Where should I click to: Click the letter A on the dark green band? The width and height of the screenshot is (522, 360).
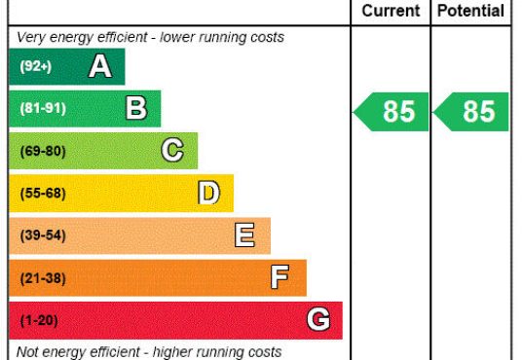(x=100, y=66)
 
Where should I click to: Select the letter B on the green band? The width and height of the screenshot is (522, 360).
(x=136, y=108)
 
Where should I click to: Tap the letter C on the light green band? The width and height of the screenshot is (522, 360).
(x=172, y=150)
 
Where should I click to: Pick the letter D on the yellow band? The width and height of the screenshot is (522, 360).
(x=208, y=193)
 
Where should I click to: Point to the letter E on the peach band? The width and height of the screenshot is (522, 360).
(x=244, y=234)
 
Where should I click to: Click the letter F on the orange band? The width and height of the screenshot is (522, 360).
(x=280, y=277)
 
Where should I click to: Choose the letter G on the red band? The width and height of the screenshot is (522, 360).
(x=318, y=319)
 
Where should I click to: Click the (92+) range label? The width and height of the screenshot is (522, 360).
(x=36, y=66)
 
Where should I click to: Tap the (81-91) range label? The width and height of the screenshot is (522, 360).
(x=43, y=108)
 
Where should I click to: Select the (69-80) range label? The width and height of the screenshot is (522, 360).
(x=43, y=151)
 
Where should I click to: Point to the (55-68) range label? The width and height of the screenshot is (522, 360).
(x=43, y=193)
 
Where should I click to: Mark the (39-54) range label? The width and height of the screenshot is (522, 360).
(x=43, y=235)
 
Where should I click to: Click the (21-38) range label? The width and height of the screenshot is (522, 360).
(x=43, y=278)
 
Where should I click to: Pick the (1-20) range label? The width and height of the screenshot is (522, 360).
(x=39, y=320)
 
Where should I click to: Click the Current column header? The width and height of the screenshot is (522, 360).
(x=391, y=11)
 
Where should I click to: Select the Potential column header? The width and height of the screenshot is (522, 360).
(x=470, y=11)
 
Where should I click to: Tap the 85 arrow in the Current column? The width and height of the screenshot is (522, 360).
(x=391, y=112)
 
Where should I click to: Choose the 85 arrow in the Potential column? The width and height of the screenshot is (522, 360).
(x=470, y=112)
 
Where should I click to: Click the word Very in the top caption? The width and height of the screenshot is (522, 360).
(x=31, y=37)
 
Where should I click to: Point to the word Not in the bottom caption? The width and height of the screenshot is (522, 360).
(x=27, y=351)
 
